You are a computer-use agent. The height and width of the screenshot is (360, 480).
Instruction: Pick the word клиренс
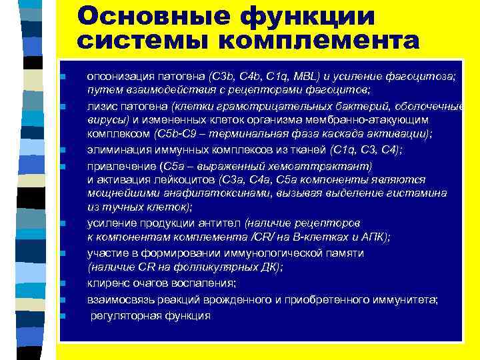[x=106, y=283]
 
